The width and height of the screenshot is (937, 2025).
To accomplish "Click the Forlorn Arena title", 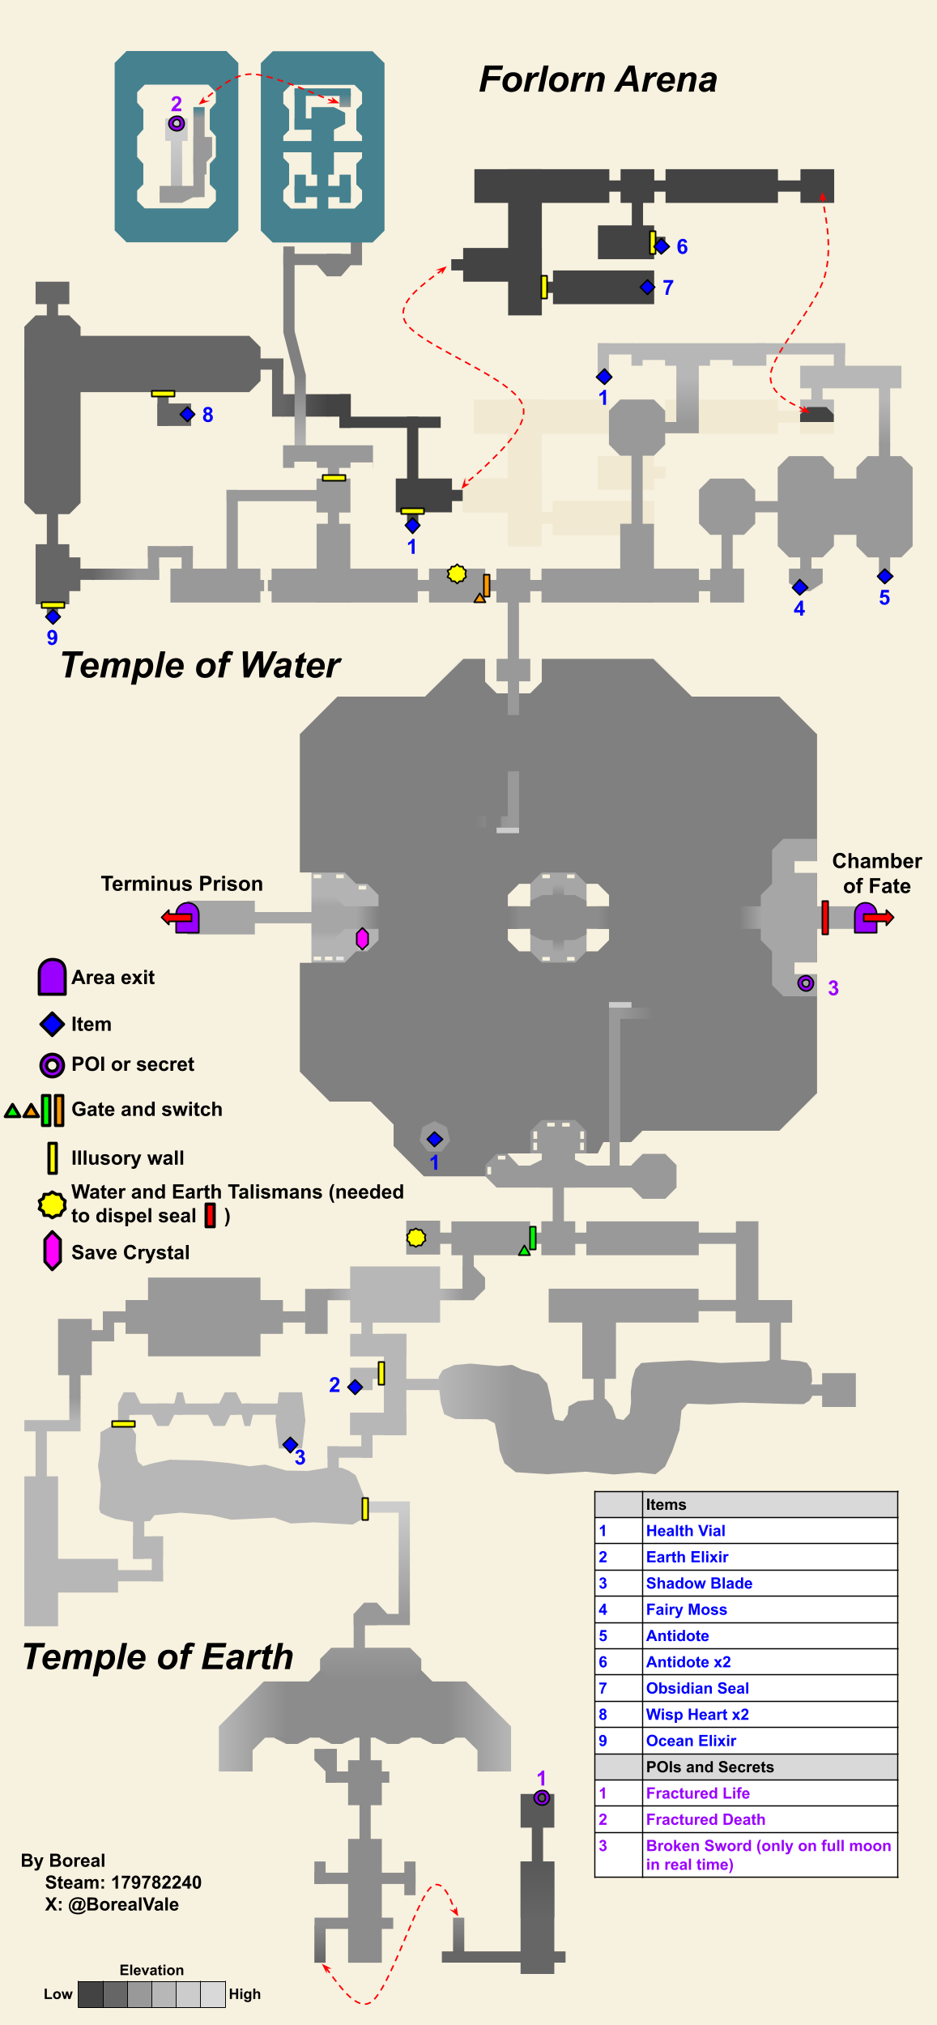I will pyautogui.click(x=598, y=80).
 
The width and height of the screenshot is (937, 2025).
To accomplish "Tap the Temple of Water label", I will pyautogui.click(x=200, y=666).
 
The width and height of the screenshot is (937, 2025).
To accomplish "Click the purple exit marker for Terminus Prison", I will pyautogui.click(x=187, y=918).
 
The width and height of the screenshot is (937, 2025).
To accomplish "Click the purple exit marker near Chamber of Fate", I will pyautogui.click(x=866, y=918).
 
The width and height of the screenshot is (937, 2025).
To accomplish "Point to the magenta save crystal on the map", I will pyautogui.click(x=362, y=938).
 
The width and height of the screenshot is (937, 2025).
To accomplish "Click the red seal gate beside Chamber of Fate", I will pyautogui.click(x=824, y=918).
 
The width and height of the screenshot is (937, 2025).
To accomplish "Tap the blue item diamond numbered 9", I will pyautogui.click(x=53, y=616).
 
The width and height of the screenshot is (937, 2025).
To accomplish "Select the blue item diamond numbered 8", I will pyautogui.click(x=187, y=415).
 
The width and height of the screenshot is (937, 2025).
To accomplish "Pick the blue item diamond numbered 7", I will pyautogui.click(x=647, y=287).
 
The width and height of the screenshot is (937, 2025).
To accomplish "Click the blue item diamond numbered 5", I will pyautogui.click(x=884, y=576).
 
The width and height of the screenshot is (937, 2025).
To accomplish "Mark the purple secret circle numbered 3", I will pyautogui.click(x=805, y=983).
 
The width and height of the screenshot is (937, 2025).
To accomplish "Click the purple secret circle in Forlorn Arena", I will pyautogui.click(x=177, y=124).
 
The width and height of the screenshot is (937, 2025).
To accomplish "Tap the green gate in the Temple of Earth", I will pyautogui.click(x=532, y=1237).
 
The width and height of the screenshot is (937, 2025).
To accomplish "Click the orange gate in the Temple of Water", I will pyautogui.click(x=486, y=585).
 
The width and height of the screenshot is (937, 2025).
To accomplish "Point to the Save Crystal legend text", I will pyautogui.click(x=130, y=1252).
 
